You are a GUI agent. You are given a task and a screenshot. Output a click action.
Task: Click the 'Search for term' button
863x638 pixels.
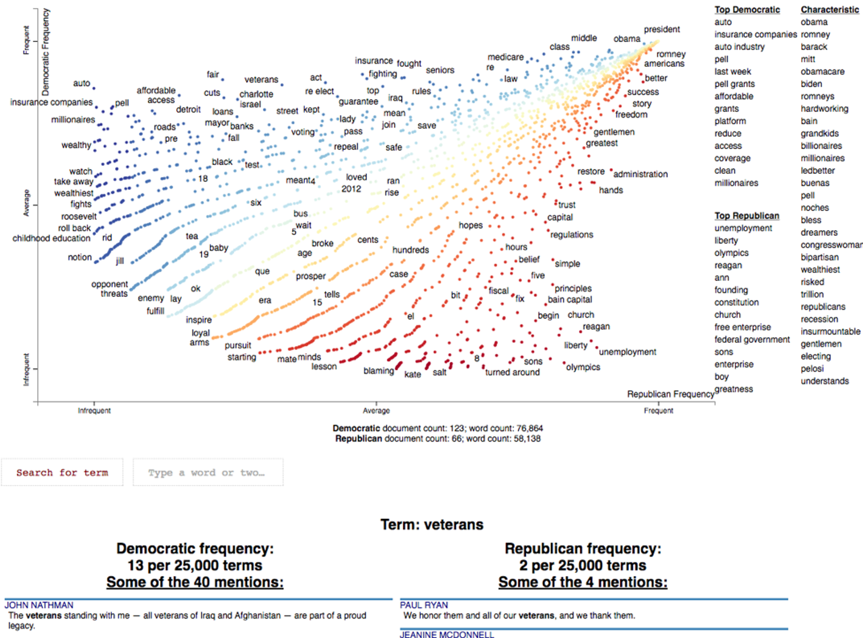click(62, 473)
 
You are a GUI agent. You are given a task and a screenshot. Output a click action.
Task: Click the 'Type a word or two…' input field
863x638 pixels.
click(208, 473)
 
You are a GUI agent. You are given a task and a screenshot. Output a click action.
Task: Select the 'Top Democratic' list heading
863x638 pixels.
click(747, 9)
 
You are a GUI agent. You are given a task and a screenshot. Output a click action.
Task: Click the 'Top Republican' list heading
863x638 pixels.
click(747, 216)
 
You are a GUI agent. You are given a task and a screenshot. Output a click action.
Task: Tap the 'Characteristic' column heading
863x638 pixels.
click(829, 9)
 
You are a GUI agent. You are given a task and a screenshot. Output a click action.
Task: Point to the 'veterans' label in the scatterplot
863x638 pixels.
click(261, 80)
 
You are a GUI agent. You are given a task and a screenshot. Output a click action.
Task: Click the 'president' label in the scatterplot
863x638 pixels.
click(662, 29)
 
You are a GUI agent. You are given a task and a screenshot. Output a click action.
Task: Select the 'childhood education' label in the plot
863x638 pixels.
click(51, 238)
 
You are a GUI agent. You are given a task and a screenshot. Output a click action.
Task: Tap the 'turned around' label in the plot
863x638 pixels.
click(512, 372)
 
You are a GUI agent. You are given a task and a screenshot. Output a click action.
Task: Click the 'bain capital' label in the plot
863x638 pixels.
click(569, 299)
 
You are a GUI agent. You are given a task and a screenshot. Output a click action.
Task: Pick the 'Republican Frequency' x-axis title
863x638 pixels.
click(670, 394)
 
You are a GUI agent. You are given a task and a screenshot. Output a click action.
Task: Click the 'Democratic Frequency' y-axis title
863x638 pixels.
click(45, 52)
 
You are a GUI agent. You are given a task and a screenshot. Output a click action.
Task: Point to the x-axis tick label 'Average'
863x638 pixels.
click(376, 411)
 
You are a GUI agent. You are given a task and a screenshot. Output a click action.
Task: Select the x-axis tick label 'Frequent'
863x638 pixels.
click(658, 411)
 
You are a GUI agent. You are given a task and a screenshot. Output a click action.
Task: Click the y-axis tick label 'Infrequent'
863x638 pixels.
click(26, 369)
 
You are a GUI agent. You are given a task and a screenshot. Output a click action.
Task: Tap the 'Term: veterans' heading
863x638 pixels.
click(431, 524)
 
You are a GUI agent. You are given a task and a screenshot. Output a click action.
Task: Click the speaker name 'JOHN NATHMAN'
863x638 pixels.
click(39, 605)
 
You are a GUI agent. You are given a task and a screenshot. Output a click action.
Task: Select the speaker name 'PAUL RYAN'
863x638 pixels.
click(423, 605)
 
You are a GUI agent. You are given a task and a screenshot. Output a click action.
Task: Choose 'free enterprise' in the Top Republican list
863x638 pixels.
click(743, 327)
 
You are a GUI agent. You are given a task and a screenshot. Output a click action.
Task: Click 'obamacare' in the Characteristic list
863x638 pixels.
click(822, 71)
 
